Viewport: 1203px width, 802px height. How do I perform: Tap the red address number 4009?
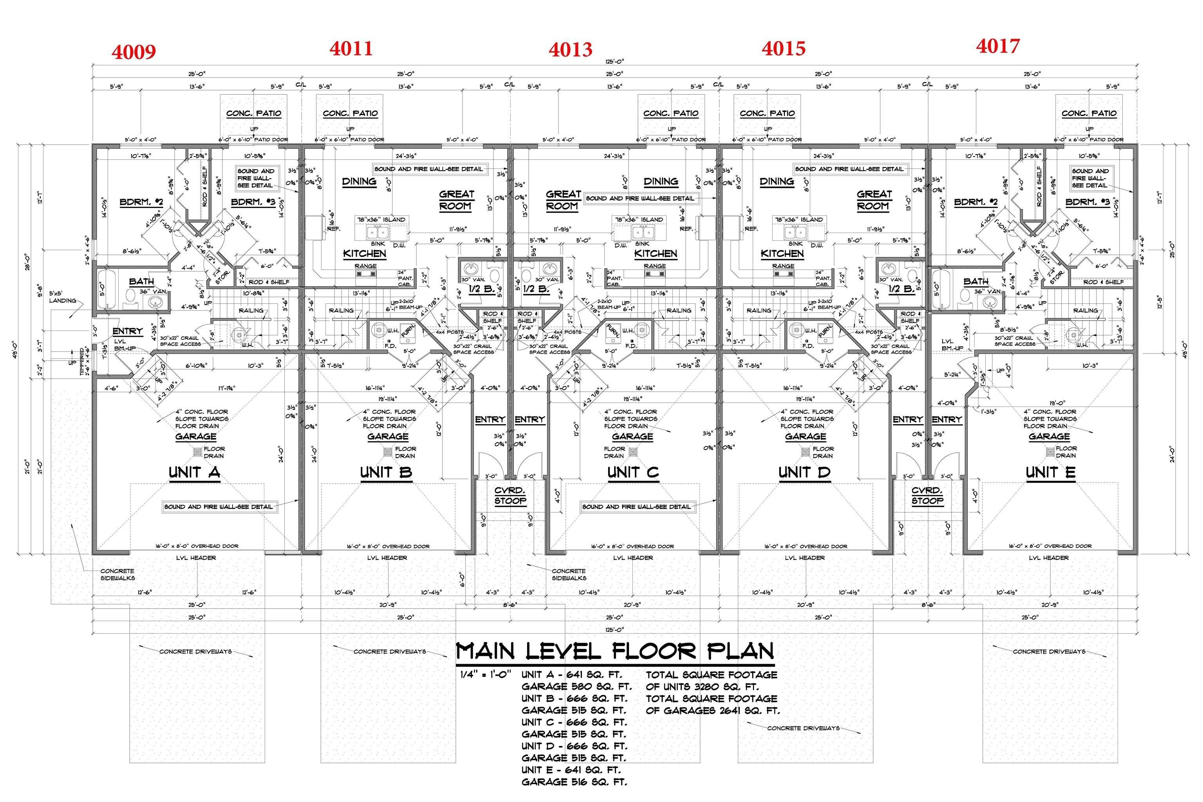(134, 52)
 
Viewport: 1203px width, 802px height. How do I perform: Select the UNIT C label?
(633, 472)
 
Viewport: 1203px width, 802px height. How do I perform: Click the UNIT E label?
(1050, 472)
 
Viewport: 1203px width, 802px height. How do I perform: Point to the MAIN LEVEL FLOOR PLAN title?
(614, 651)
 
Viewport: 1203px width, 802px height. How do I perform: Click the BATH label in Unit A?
(141, 281)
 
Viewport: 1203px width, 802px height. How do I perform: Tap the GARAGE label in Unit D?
(805, 436)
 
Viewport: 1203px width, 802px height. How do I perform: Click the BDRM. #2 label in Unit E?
(975, 202)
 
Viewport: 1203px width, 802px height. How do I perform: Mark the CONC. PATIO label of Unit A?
(254, 113)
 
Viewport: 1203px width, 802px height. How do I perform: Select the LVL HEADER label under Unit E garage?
(1049, 558)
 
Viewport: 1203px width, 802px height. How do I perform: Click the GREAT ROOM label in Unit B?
(456, 200)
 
